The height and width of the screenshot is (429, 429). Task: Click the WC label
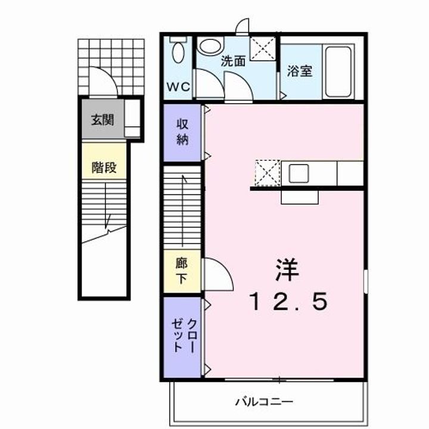tap(178, 86)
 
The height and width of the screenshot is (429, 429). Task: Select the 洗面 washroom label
tap(234, 61)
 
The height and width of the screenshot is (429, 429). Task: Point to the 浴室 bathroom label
tap(300, 71)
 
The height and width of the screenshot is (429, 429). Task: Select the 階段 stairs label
tap(104, 168)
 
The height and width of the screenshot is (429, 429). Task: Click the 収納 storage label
tap(182, 132)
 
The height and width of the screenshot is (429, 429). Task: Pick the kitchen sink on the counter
tap(299, 173)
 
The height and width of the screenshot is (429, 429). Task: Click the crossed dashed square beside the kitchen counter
tap(265, 173)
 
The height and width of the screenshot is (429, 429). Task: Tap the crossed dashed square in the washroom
tap(263, 48)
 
